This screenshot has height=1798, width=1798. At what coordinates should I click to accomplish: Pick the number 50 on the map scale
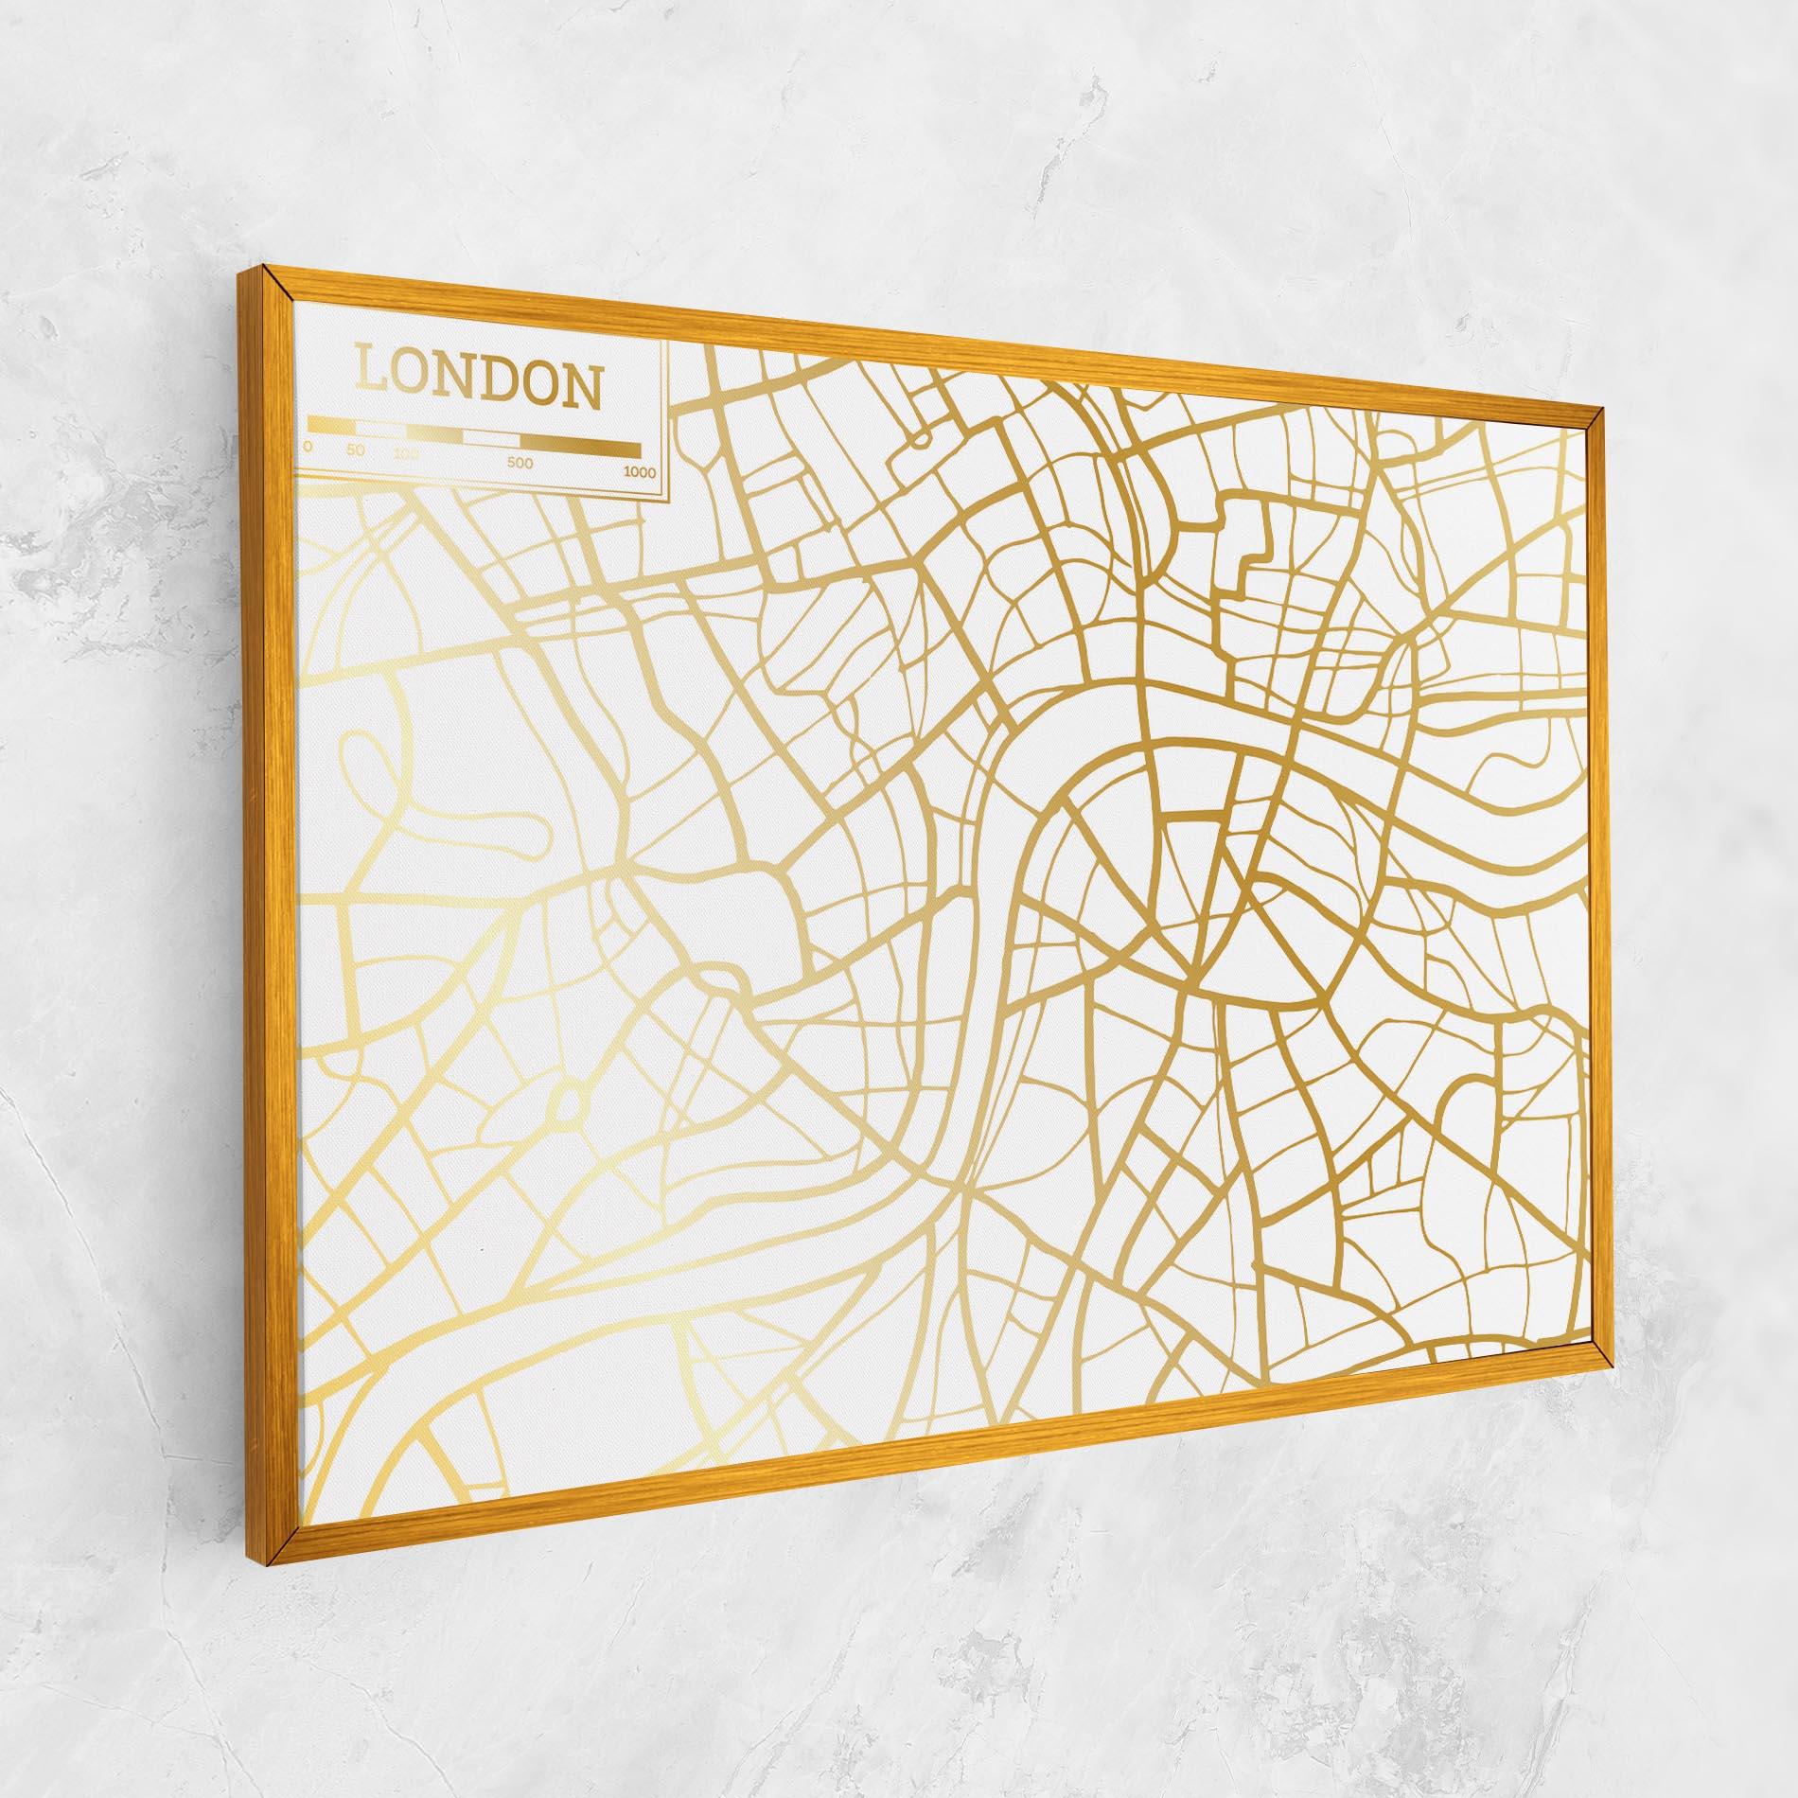(356, 450)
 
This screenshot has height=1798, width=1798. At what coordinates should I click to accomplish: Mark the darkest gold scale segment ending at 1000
(580, 448)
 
